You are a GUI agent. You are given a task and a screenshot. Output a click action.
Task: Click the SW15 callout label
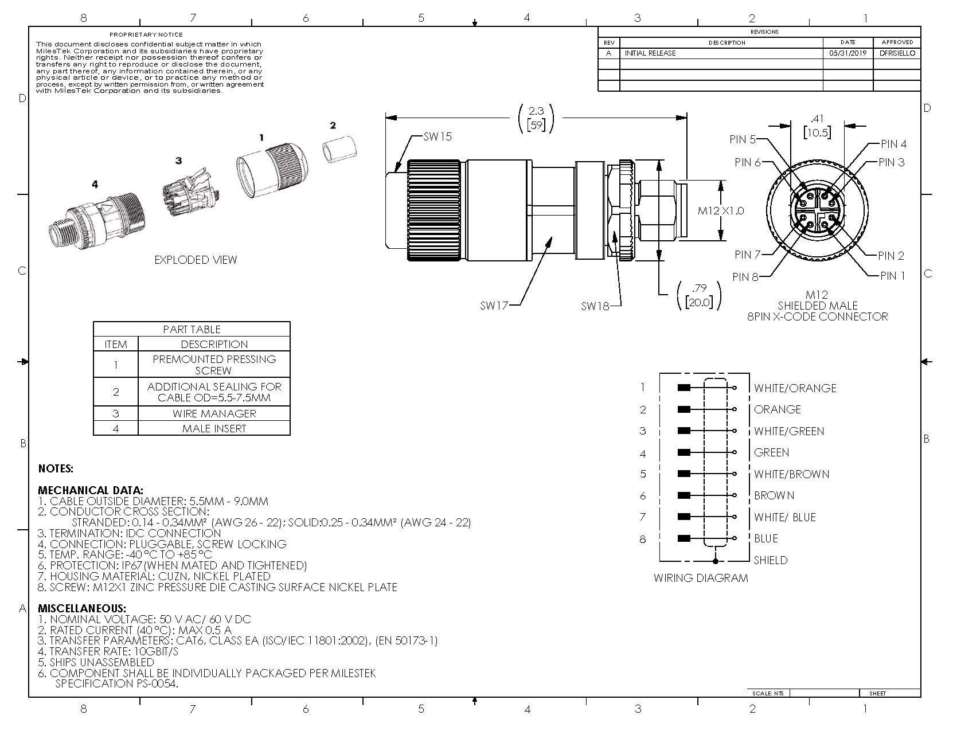(438, 137)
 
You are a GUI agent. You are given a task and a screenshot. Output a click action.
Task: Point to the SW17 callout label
(494, 306)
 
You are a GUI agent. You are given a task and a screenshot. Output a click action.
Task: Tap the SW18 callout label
(594, 306)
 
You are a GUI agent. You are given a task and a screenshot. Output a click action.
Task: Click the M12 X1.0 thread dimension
(720, 211)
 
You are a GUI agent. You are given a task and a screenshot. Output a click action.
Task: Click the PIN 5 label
(743, 139)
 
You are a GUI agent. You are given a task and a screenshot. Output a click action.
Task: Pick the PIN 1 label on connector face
(892, 276)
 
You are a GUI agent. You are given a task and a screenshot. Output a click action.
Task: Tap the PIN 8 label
(745, 277)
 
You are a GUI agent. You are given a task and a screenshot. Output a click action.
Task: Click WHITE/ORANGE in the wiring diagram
(795, 388)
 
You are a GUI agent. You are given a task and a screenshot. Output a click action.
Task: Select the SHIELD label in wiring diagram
(770, 560)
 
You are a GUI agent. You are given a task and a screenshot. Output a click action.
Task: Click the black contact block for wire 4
(683, 452)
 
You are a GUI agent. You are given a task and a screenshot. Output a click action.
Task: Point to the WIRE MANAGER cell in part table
(214, 413)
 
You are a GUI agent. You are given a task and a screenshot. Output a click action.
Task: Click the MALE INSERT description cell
(214, 428)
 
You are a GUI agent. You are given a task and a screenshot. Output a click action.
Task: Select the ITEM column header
(116, 344)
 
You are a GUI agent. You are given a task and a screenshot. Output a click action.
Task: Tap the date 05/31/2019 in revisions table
(847, 53)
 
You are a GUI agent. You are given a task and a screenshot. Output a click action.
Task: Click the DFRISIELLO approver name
(896, 53)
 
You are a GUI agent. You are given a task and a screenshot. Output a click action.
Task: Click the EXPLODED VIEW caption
(196, 260)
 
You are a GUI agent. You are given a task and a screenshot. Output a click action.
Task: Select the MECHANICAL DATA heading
(91, 490)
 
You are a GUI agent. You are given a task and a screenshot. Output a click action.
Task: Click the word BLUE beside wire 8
(766, 538)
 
